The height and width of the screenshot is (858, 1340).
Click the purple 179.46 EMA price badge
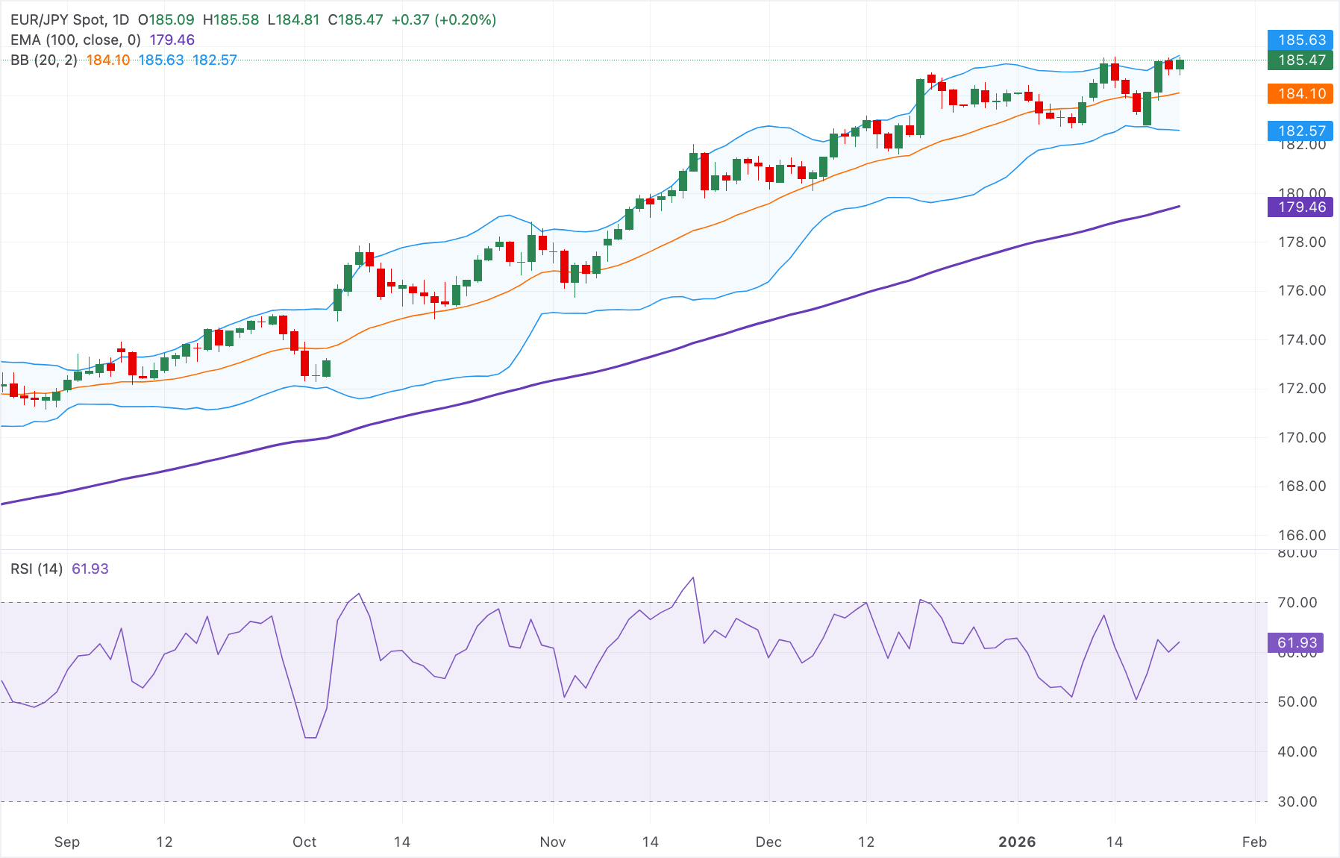pos(1301,207)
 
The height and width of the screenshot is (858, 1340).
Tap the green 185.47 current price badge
pos(1301,60)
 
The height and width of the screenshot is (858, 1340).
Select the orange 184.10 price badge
pos(1301,93)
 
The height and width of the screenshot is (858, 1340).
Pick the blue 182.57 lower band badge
pos(1301,131)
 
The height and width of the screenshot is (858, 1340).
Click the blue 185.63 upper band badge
pos(1301,40)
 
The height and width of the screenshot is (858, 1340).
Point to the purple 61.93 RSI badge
pos(1297,642)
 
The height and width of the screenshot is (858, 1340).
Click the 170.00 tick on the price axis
pos(1302,437)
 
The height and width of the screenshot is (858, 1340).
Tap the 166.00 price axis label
pos(1302,535)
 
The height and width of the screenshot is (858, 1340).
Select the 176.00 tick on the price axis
pos(1302,290)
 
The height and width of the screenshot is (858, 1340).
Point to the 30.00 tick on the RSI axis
pos(1297,801)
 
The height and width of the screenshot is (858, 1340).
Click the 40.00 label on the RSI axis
pos(1297,751)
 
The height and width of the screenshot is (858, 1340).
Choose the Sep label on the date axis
pos(66,842)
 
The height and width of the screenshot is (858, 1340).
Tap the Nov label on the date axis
pos(552,842)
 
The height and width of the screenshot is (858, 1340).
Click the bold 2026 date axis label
pos(1016,842)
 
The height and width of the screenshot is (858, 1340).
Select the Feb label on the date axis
pos(1254,842)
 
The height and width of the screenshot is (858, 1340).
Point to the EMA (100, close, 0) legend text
pos(75,40)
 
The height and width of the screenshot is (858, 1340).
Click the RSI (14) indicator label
pos(37,569)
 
